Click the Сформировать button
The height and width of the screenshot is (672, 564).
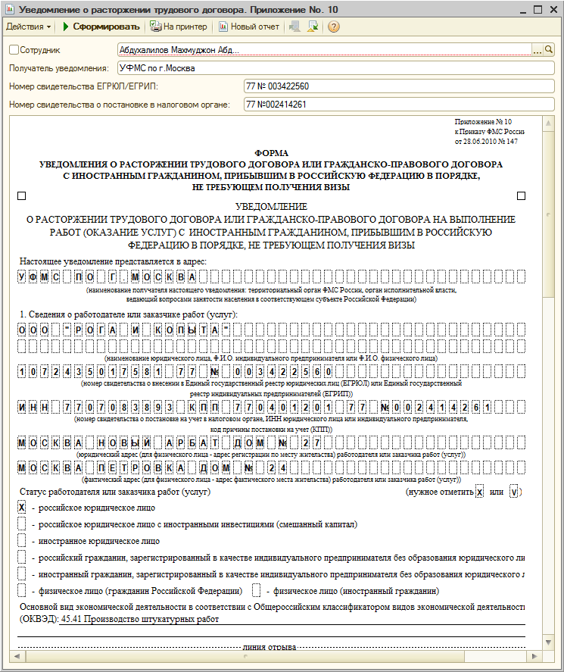coord(101,27)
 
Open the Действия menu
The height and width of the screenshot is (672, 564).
coord(29,27)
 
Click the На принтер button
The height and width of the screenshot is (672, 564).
coord(179,27)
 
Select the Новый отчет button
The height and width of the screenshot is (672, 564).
coord(249,27)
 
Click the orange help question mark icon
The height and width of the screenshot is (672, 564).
coord(333,27)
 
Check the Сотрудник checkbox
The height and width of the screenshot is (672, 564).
coord(14,50)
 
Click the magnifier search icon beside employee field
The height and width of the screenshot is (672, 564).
coord(550,50)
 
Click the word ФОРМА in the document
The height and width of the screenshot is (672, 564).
coord(272,152)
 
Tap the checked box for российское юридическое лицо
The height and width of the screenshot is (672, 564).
coord(22,507)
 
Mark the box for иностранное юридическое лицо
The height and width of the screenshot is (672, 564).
coord(22,541)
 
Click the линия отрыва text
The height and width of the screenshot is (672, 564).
coord(270,649)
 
